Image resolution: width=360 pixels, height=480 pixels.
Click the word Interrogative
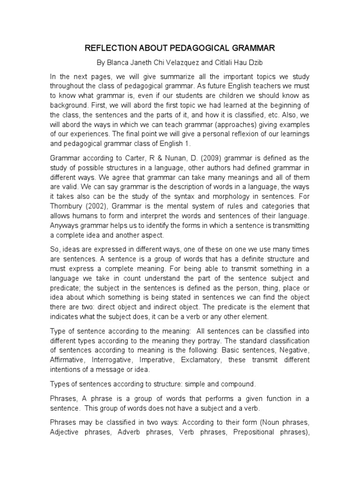coord(111,360)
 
